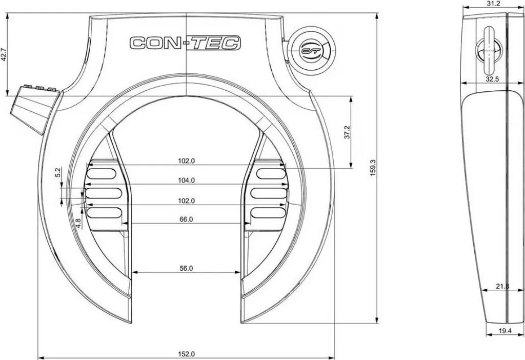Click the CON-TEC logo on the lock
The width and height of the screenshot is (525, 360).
click(x=185, y=43)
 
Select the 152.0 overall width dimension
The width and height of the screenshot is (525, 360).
click(x=186, y=354)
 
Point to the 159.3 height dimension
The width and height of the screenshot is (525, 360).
click(x=374, y=168)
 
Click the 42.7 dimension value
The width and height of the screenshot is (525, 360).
click(x=4, y=54)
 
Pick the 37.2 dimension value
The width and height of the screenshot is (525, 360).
click(x=347, y=132)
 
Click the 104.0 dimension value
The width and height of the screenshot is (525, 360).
click(x=186, y=181)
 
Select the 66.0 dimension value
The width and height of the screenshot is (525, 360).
click(x=186, y=219)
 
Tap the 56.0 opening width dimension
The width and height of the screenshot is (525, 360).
click(x=186, y=268)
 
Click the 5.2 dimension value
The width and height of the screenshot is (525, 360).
click(x=57, y=172)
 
